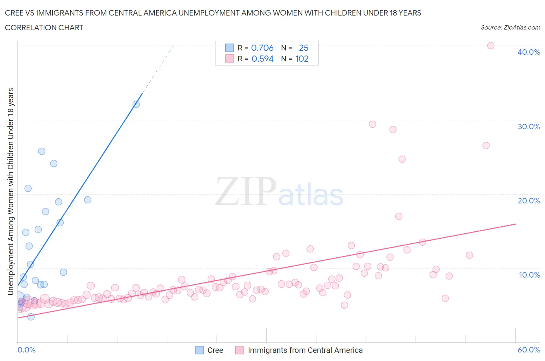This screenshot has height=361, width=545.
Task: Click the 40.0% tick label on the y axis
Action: tap(528, 52)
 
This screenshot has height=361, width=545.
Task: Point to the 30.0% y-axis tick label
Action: tap(528, 127)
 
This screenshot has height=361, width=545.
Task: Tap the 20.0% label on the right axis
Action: tap(528, 201)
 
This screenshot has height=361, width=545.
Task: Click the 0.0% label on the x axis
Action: tap(26, 350)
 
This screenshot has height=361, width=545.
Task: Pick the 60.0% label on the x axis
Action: tap(529, 350)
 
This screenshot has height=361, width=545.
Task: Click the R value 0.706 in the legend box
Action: tap(262, 48)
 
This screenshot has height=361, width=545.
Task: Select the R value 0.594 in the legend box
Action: tap(262, 59)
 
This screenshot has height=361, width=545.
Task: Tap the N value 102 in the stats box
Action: tap(302, 59)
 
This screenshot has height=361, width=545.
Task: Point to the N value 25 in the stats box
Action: tap(304, 48)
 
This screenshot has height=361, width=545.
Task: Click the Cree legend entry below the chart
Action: tap(209, 350)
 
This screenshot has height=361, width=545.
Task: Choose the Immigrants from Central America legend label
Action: tap(299, 350)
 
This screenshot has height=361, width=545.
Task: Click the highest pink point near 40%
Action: tap(490, 45)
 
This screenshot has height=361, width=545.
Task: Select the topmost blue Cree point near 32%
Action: tap(136, 104)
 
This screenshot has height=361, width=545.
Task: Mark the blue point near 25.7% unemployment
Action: tap(41, 151)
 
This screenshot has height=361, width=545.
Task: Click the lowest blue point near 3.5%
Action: tap(31, 317)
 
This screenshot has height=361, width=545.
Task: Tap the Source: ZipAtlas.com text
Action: tap(510, 28)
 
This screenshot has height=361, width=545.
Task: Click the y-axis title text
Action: tap(11, 191)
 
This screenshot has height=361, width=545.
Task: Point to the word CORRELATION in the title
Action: tap(25, 28)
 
